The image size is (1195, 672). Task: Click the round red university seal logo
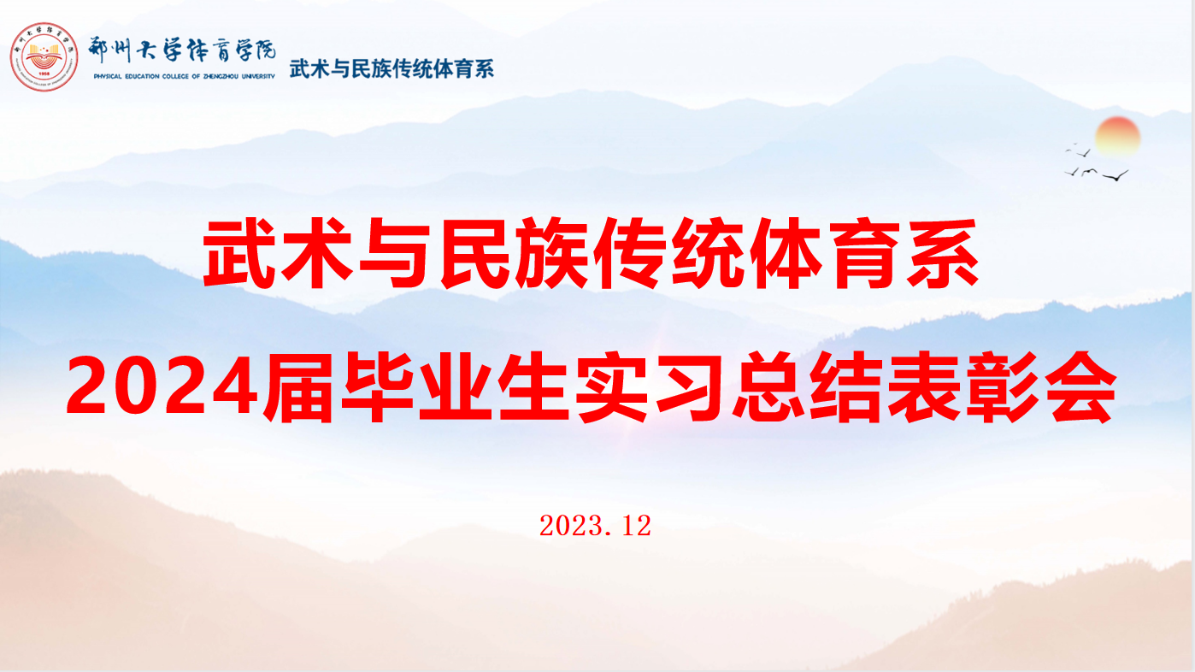44,56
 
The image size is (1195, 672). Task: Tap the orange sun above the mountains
1118,137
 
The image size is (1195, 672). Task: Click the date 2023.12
595,526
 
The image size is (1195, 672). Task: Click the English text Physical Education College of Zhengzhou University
184,76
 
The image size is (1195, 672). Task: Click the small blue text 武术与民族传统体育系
391,69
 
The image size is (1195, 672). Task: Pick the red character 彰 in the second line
1002,387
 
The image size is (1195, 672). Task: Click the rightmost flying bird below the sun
1116,175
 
